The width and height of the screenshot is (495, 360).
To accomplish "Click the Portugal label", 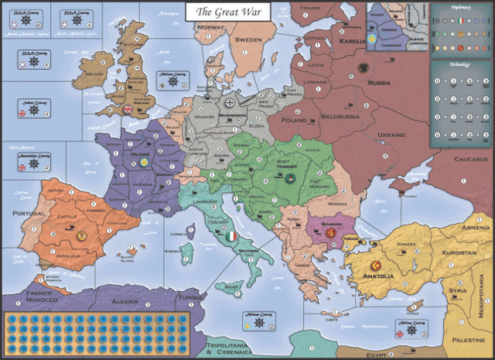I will tap(19, 214).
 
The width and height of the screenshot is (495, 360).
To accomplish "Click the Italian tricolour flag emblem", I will tap(230, 235).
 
